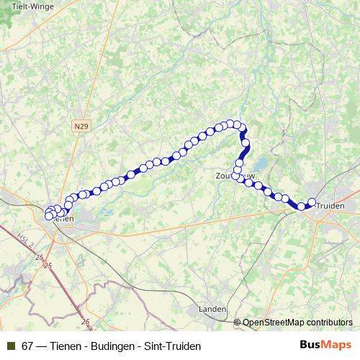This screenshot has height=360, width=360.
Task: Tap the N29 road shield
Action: (81, 126)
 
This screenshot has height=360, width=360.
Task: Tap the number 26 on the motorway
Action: (86, 322)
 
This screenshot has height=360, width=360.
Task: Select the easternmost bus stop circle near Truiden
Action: (312, 202)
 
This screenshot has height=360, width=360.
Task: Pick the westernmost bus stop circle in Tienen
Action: (48, 215)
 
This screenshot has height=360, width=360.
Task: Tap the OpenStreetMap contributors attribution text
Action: (297, 323)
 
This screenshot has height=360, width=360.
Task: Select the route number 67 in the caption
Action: (27, 346)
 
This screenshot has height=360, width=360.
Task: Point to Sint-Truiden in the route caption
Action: (171, 346)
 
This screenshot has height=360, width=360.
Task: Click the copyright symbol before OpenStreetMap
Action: (238, 323)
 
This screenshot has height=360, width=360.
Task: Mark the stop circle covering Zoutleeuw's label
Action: (235, 176)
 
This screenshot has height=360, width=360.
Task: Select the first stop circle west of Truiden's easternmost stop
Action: (302, 207)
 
